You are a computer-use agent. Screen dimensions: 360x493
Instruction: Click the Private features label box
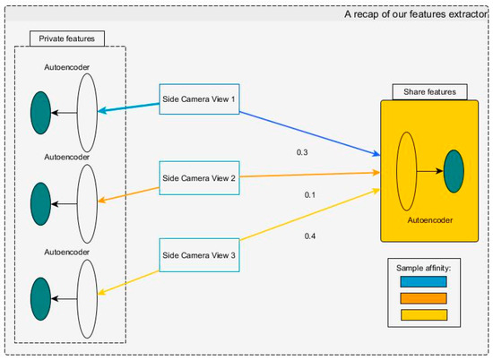(x=67, y=39)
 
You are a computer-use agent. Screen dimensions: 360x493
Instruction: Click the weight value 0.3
(x=302, y=153)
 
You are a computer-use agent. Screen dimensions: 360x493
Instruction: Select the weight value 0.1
(x=309, y=194)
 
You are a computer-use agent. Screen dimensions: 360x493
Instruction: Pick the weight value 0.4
(x=309, y=236)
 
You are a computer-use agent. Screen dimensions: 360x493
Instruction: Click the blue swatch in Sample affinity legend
(x=422, y=282)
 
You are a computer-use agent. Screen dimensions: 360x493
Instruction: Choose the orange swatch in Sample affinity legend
(x=422, y=297)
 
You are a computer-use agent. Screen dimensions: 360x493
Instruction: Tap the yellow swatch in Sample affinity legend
(x=422, y=314)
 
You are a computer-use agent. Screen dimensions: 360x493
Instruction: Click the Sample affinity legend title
(x=422, y=267)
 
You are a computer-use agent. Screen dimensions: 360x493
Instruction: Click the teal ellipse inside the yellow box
(x=453, y=168)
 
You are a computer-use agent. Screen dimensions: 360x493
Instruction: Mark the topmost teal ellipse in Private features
(x=40, y=113)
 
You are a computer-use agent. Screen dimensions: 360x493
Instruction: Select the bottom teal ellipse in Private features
(x=40, y=297)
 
